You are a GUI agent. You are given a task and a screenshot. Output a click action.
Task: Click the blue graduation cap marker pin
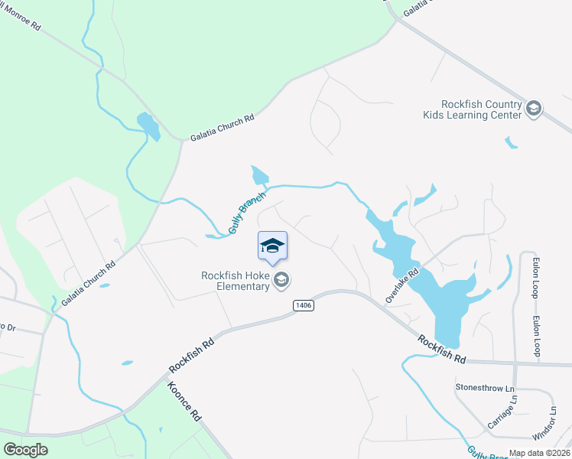click(x=272, y=246)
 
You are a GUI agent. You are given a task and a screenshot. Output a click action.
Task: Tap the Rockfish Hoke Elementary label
click(x=236, y=281)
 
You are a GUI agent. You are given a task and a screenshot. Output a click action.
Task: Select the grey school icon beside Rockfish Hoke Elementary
click(x=281, y=281)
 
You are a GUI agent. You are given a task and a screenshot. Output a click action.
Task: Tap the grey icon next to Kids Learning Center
click(x=534, y=109)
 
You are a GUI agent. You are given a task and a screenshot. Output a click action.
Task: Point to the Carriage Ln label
click(x=503, y=412)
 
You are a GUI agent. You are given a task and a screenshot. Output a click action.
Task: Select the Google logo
click(x=26, y=450)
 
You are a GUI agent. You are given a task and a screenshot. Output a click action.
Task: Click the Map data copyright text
click(x=539, y=453)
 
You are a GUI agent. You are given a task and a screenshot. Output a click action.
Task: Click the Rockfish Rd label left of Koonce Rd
click(x=191, y=354)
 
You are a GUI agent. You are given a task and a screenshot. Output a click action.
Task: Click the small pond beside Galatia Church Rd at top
click(x=148, y=125)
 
